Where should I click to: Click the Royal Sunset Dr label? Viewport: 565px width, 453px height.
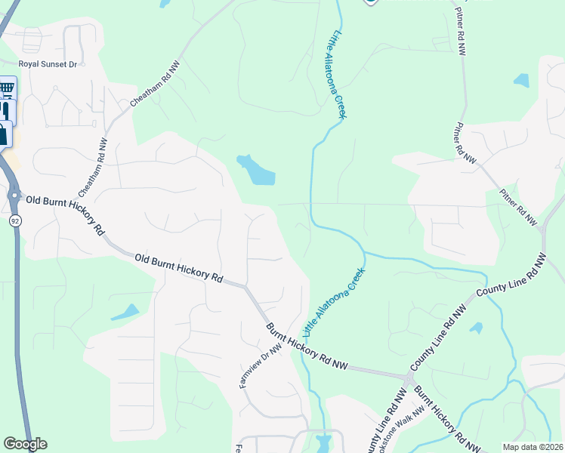click(x=48, y=65)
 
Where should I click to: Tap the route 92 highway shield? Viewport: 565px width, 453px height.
click(x=15, y=220)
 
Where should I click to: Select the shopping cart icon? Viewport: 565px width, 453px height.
click(x=7, y=89)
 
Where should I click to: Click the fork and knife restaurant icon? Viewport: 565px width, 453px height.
click(x=5, y=110)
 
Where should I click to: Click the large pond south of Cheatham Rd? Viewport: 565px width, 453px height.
click(x=256, y=171)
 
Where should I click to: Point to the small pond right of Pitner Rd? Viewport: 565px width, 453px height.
click(x=521, y=79)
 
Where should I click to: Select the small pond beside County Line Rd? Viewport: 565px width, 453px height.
click(x=476, y=328)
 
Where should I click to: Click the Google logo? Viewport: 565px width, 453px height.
click(x=25, y=444)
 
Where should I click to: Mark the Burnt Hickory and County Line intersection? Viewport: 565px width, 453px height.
click(x=409, y=376)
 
